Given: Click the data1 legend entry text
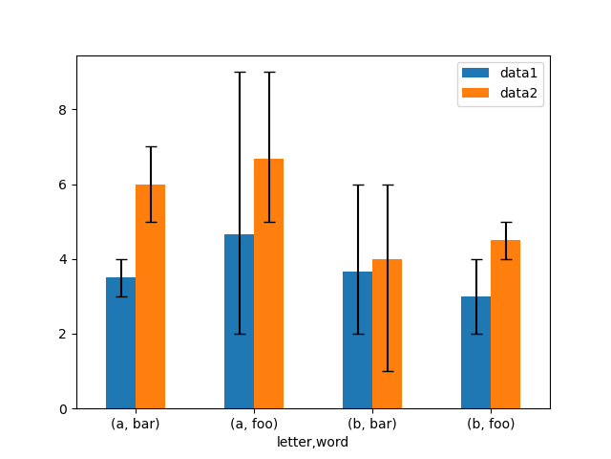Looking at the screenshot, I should click(x=517, y=73).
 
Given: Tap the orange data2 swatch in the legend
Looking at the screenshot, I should click(x=475, y=93).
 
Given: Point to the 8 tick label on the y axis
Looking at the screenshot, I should click(x=62, y=110).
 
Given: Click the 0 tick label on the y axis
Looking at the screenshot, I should click(x=62, y=409).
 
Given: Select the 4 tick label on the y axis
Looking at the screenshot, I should click(x=62, y=259).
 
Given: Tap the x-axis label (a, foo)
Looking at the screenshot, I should click(x=254, y=424).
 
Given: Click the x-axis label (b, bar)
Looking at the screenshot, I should click(x=372, y=424).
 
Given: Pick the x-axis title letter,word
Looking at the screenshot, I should click(x=313, y=442).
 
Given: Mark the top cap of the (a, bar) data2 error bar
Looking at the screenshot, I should click(x=150, y=147).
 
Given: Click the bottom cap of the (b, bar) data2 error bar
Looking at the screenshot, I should click(x=387, y=371).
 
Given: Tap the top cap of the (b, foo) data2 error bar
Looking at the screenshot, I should click(x=505, y=222).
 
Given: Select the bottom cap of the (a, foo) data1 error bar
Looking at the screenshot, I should click(x=239, y=334).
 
